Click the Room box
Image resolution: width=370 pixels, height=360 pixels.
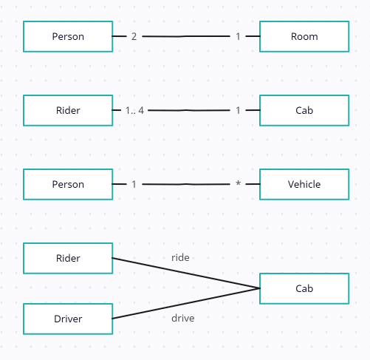tap(304, 36)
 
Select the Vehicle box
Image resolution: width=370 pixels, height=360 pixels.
tap(304, 184)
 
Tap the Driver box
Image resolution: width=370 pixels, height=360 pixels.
tap(68, 319)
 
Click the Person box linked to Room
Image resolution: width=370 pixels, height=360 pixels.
tap(68, 36)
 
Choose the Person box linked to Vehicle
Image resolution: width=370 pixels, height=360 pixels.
tap(68, 184)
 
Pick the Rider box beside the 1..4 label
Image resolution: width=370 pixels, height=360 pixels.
tap(68, 110)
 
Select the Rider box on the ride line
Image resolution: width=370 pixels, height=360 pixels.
tap(68, 258)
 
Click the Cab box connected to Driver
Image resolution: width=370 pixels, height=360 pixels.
tap(304, 288)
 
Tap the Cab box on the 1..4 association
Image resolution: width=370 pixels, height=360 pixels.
tap(304, 110)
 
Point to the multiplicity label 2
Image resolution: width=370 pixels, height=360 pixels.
tap(134, 36)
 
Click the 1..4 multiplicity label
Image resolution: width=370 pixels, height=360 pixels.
tap(134, 110)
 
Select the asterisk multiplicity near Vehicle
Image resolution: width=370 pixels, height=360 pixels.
tap(238, 183)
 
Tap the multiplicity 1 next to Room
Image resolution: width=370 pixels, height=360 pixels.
tap(238, 36)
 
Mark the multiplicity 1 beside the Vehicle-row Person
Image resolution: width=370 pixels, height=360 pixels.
tap(134, 184)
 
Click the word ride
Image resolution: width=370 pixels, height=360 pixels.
tap(180, 257)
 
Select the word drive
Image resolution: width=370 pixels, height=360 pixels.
tap(183, 318)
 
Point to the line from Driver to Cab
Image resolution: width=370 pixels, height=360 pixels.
tap(186, 304)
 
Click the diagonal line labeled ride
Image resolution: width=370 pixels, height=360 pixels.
tap(186, 273)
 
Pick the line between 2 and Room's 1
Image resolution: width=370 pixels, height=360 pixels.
tap(186, 36)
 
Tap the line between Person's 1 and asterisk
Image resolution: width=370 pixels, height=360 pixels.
tap(186, 184)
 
